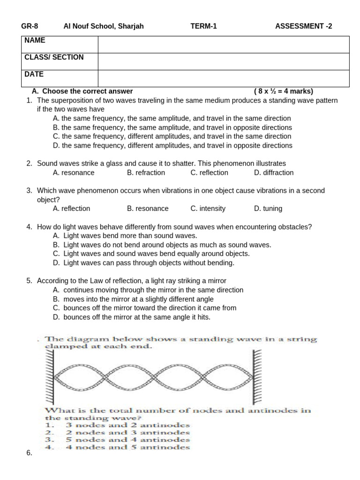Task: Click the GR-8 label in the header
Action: (x=29, y=26)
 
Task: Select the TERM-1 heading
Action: (x=203, y=26)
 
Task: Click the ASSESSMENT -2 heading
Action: (x=303, y=26)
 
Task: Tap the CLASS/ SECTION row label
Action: (x=54, y=58)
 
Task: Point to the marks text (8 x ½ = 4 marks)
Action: (x=284, y=91)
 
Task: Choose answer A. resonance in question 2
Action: (x=74, y=172)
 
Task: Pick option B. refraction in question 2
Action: (x=146, y=172)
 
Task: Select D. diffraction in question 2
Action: (x=274, y=172)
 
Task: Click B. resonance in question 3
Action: (x=148, y=209)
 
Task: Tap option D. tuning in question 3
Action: (x=268, y=209)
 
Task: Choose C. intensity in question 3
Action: (x=208, y=209)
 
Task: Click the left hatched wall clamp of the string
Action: (x=50, y=375)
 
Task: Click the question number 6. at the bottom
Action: (x=29, y=453)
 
